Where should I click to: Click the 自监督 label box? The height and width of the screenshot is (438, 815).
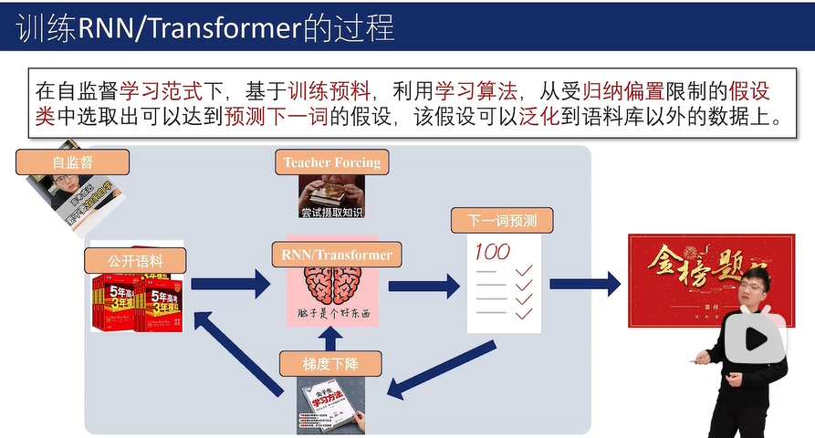[x=73, y=162]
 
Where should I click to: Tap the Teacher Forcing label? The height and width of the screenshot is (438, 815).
[x=331, y=162]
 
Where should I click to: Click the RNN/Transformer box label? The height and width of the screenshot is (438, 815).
[x=331, y=255]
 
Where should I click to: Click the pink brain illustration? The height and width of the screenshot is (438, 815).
[x=332, y=287]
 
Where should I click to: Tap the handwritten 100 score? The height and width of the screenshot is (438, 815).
[x=492, y=251]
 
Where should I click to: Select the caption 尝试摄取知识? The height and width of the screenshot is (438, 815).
[x=331, y=212]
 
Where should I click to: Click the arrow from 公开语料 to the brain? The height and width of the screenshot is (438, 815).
[x=235, y=283]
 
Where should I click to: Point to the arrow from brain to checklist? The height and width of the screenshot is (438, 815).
[x=423, y=286]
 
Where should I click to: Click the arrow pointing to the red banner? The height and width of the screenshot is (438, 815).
[x=584, y=283]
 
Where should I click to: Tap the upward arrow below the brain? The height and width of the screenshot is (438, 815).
[x=331, y=338]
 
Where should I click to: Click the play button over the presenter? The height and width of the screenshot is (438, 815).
[x=756, y=339]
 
